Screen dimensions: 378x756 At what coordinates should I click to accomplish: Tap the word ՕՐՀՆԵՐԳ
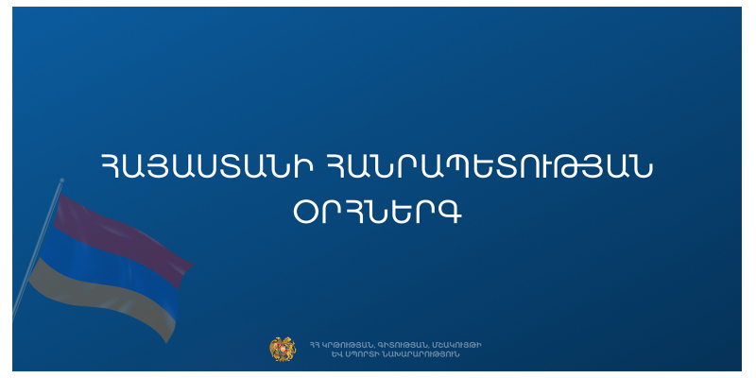tap(378, 215)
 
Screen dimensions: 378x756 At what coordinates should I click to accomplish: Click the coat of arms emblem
tap(283, 349)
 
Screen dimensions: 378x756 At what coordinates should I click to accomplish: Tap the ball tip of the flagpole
tap(62, 180)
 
